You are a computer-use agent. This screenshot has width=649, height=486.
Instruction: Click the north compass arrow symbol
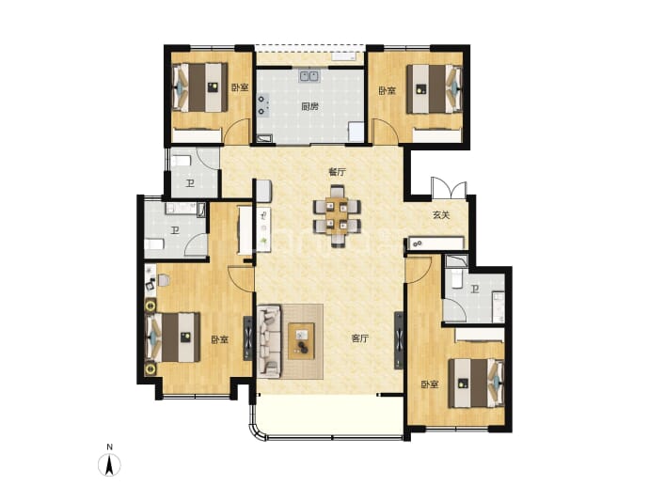point(109,464)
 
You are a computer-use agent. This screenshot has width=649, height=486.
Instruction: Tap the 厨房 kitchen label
point(309,106)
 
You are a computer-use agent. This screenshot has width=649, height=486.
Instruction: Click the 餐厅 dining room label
point(337,172)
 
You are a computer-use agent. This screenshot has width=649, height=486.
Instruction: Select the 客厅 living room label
point(359,338)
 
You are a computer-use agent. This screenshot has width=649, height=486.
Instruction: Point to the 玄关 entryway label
point(441,215)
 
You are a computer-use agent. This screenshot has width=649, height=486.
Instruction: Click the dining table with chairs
point(337,215)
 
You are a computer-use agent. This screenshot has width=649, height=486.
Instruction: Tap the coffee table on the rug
point(301,341)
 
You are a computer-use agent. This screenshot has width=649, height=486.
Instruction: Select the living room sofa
point(269,341)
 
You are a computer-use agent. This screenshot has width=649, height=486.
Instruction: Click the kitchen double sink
point(309,76)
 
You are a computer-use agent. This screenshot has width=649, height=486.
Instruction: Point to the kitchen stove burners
point(263,105)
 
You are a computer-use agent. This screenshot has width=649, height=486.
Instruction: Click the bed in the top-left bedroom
point(200,87)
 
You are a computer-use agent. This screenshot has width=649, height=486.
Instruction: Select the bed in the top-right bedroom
point(435,88)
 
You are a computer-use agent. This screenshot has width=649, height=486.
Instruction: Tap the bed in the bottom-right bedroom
point(476,383)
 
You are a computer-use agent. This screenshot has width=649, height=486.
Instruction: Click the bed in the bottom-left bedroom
point(173,337)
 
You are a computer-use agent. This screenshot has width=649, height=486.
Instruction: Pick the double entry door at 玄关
point(449,189)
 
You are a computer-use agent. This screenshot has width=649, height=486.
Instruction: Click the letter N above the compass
point(109,447)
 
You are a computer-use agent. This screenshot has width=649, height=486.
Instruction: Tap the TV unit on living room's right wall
point(399,340)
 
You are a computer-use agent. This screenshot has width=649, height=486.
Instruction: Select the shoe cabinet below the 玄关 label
point(435,243)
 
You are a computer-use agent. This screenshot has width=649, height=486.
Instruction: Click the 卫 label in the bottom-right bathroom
point(475,289)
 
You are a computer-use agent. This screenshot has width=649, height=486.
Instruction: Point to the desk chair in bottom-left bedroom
point(164,280)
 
